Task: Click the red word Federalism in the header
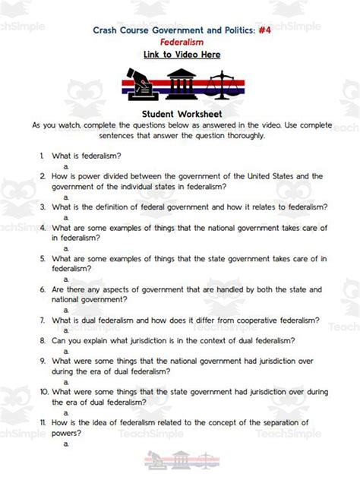[x=181, y=43]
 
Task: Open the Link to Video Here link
[x=181, y=55]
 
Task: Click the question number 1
[x=43, y=155]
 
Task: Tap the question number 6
[x=43, y=290]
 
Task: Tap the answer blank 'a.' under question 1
[x=66, y=166]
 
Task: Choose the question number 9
[x=43, y=361]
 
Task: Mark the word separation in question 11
[x=275, y=422]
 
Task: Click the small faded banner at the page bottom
[x=180, y=459]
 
